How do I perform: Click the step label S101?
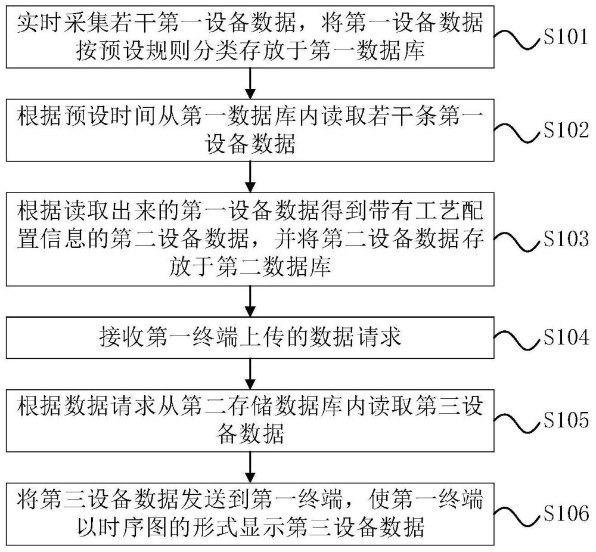click(x=566, y=37)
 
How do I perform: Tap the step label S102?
click(x=566, y=131)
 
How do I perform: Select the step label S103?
click(x=566, y=239)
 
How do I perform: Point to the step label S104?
click(x=566, y=337)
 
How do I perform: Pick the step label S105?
click(x=566, y=420)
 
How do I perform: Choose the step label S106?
click(x=566, y=513)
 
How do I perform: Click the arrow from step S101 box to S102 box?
click(x=250, y=83)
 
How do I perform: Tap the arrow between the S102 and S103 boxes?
click(x=250, y=177)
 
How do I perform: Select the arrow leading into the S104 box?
click(x=250, y=301)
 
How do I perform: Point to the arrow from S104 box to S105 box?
click(x=250, y=374)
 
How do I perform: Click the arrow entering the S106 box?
click(x=250, y=467)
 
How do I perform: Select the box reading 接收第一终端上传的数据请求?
click(x=250, y=337)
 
